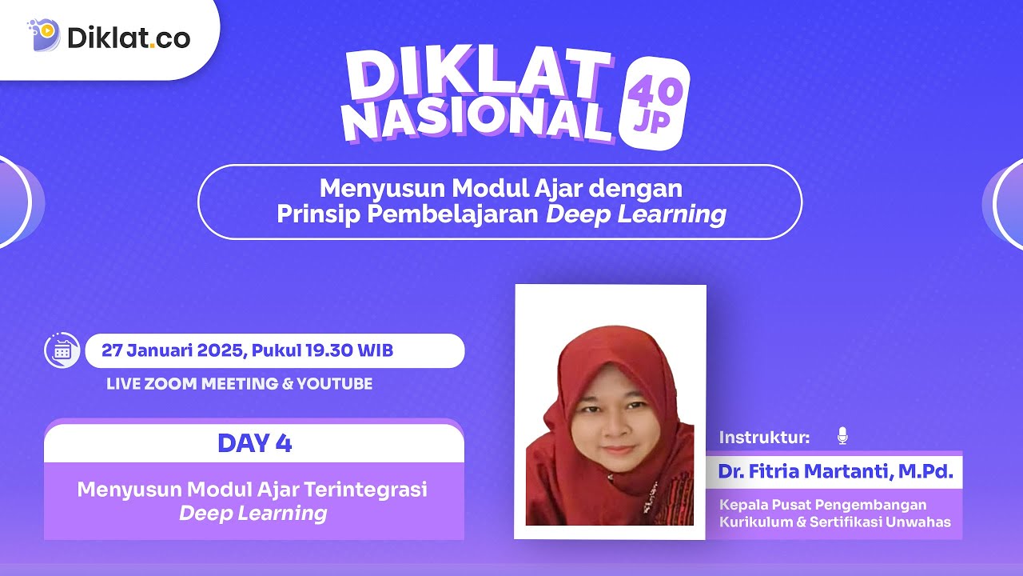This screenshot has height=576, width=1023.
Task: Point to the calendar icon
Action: [x=62, y=350]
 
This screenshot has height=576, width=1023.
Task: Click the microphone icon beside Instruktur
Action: [x=842, y=436]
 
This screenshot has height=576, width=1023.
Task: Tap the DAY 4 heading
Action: [x=254, y=443]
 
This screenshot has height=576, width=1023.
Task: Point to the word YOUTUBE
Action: [x=334, y=384]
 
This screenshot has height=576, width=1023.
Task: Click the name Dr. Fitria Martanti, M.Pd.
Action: [x=835, y=472]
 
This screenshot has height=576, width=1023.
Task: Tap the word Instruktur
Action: [x=764, y=437]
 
